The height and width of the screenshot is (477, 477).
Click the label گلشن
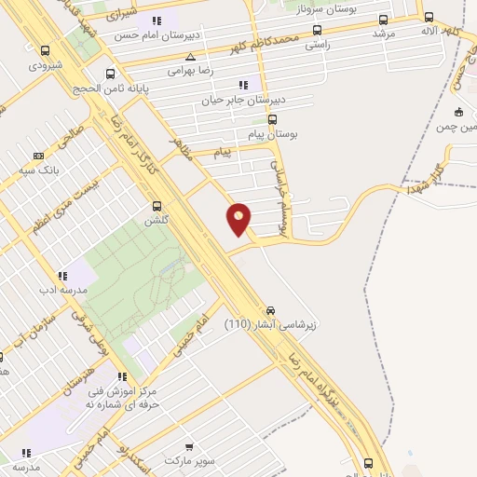(x=155, y=221)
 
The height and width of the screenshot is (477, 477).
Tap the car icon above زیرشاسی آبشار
(x=270, y=309)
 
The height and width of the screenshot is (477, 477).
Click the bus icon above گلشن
(x=156, y=206)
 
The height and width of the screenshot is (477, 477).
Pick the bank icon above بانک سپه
(x=38, y=156)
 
